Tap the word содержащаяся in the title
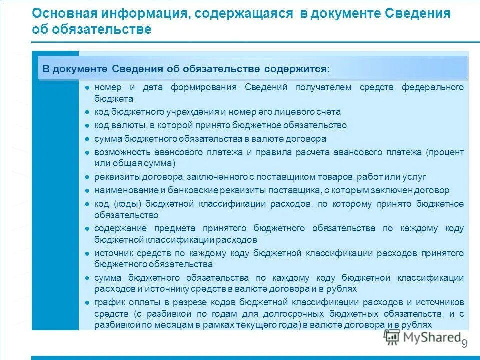pos(243,14)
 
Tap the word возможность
pos(120,152)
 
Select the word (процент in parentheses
pos(445,152)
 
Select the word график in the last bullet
pos(108,302)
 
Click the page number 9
pos(464,344)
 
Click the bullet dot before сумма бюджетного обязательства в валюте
pos(87,139)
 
